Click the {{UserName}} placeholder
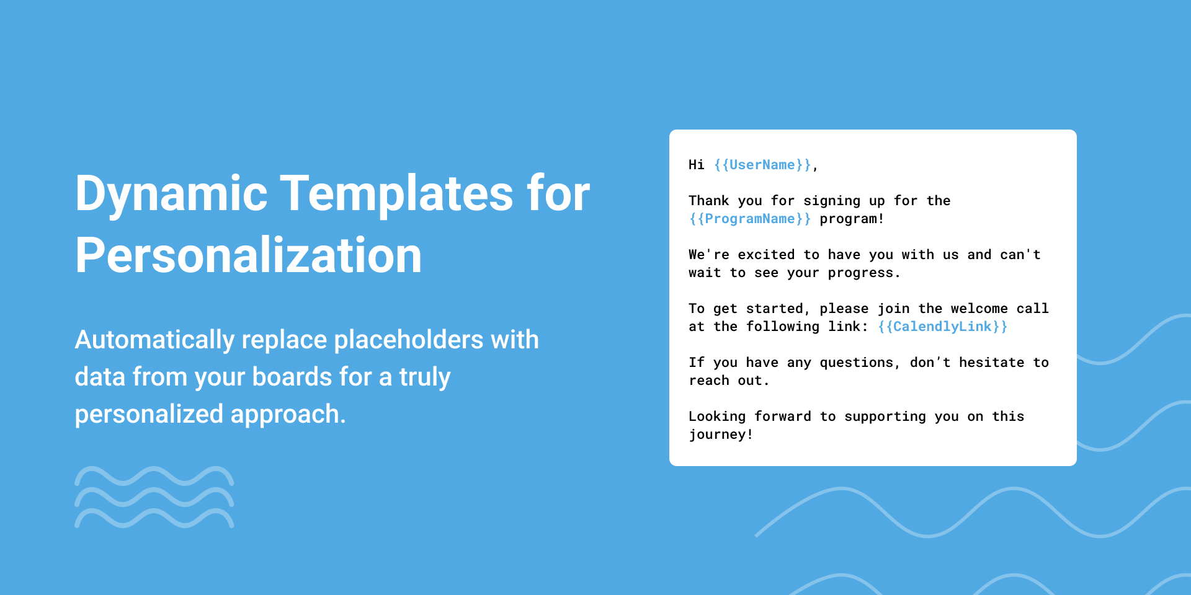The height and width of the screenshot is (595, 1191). coord(762,165)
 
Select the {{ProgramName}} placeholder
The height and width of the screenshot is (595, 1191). coord(750,219)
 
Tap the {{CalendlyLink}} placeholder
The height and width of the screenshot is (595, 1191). coord(943,327)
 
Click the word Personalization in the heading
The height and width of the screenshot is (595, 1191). coord(248,256)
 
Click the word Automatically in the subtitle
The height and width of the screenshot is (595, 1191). coord(154,340)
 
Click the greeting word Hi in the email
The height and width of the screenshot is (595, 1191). coord(697,165)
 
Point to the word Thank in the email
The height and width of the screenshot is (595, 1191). coord(709,201)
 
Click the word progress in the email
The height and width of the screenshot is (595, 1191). coord(860,273)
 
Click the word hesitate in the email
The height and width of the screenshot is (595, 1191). coord(992,363)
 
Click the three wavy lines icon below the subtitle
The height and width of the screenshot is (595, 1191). coord(154,497)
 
